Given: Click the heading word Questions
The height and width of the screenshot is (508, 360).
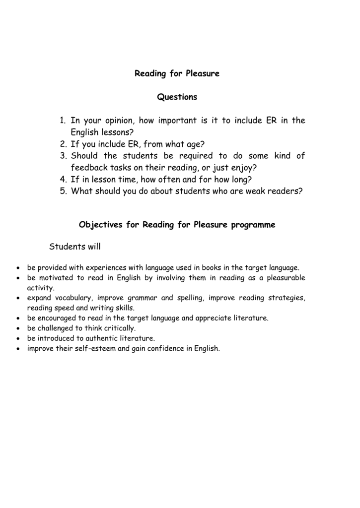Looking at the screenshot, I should [x=177, y=97].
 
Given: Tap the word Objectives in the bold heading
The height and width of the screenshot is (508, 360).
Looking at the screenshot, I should [x=100, y=225].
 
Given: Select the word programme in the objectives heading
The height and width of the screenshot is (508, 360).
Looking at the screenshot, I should [x=253, y=225].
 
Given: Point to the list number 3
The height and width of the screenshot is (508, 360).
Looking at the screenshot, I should [x=63, y=156].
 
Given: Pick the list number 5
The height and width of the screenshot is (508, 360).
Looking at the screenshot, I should [x=63, y=191].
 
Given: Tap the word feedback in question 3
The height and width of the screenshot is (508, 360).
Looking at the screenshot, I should [x=89, y=168].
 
